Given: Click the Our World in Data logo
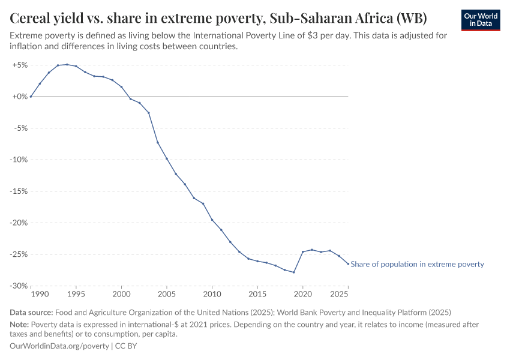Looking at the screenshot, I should pyautogui.click(x=480, y=20).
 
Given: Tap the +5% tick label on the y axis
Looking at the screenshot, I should pyautogui.click(x=20, y=65).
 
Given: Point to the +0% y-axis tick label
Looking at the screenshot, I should pyautogui.click(x=20, y=97).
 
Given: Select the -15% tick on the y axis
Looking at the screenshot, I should pyautogui.click(x=20, y=191).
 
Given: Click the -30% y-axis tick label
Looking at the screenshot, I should pyautogui.click(x=20, y=286).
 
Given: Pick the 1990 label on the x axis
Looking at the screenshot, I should pyautogui.click(x=40, y=295).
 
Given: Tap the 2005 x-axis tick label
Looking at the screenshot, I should pyautogui.click(x=166, y=295).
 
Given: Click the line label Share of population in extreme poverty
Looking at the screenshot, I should pyautogui.click(x=417, y=264).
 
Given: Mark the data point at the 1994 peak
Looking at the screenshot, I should pyautogui.click(x=67, y=64).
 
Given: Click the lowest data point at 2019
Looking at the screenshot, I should pyautogui.click(x=293, y=272).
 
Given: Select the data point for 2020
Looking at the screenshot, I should pyautogui.click(x=302, y=252).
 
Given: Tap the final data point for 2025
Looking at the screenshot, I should pyautogui.click(x=348, y=263).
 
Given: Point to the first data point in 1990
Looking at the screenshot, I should pyautogui.click(x=31, y=97).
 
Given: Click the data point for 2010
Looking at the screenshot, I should pyautogui.click(x=212, y=220).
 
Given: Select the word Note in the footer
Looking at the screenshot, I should pyautogui.click(x=20, y=324).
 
